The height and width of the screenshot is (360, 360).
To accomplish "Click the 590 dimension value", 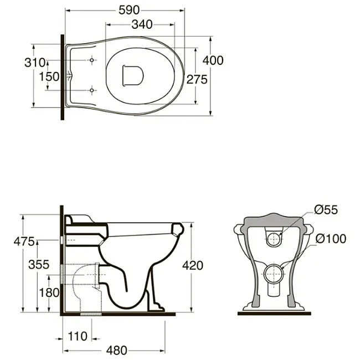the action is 129,10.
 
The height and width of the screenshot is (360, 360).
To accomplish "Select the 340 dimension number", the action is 142,24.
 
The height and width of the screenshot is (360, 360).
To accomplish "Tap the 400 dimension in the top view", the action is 213,60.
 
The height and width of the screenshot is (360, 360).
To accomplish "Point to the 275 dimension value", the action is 197,80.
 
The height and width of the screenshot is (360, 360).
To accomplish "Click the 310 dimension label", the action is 35,63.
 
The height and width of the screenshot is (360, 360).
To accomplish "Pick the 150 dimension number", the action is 49,76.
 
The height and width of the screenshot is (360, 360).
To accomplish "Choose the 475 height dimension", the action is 24,241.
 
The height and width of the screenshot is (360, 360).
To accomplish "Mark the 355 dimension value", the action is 39,265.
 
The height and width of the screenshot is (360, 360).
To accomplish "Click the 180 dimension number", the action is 49,293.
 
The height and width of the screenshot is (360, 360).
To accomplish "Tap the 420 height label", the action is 193,266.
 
